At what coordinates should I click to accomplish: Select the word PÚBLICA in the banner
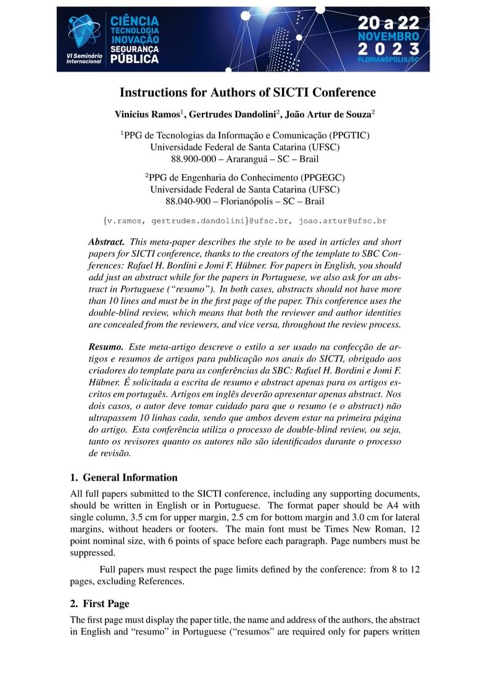[x=134, y=59]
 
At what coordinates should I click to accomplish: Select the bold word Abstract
[x=107, y=242]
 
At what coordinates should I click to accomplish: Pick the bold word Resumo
[x=106, y=348]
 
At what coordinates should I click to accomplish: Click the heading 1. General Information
[x=123, y=478]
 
